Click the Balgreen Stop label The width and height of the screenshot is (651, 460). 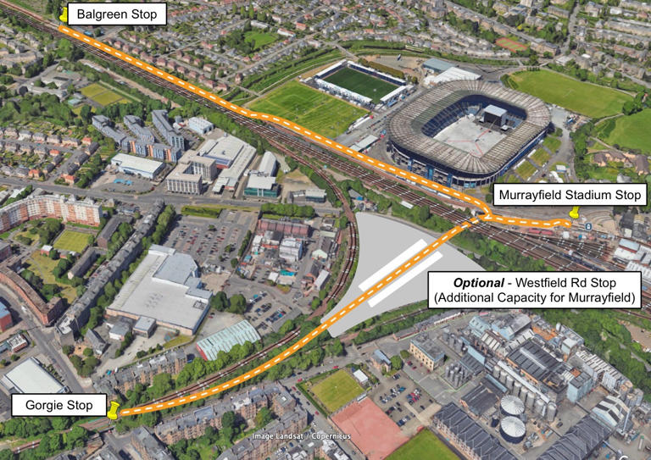click(x=116, y=14)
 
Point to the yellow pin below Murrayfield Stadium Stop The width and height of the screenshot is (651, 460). click(x=575, y=214)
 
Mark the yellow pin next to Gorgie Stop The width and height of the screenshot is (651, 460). click(x=114, y=410)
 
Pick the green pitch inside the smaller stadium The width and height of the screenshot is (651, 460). click(x=361, y=82)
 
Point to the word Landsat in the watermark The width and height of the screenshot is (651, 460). click(x=283, y=437)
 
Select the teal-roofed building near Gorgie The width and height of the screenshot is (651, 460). click(x=227, y=339)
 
